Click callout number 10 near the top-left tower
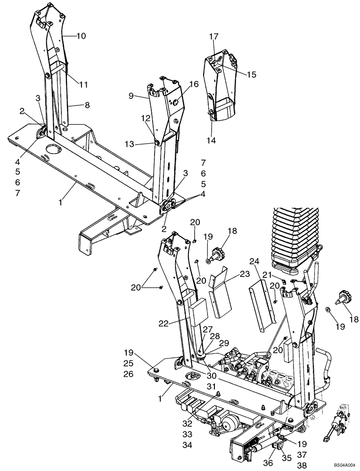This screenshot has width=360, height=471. (x=81, y=36)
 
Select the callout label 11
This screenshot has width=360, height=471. (x=83, y=85)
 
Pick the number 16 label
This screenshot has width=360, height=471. (x=181, y=84)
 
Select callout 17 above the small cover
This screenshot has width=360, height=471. (x=214, y=36)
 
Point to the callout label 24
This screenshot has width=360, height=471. (x=254, y=261)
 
